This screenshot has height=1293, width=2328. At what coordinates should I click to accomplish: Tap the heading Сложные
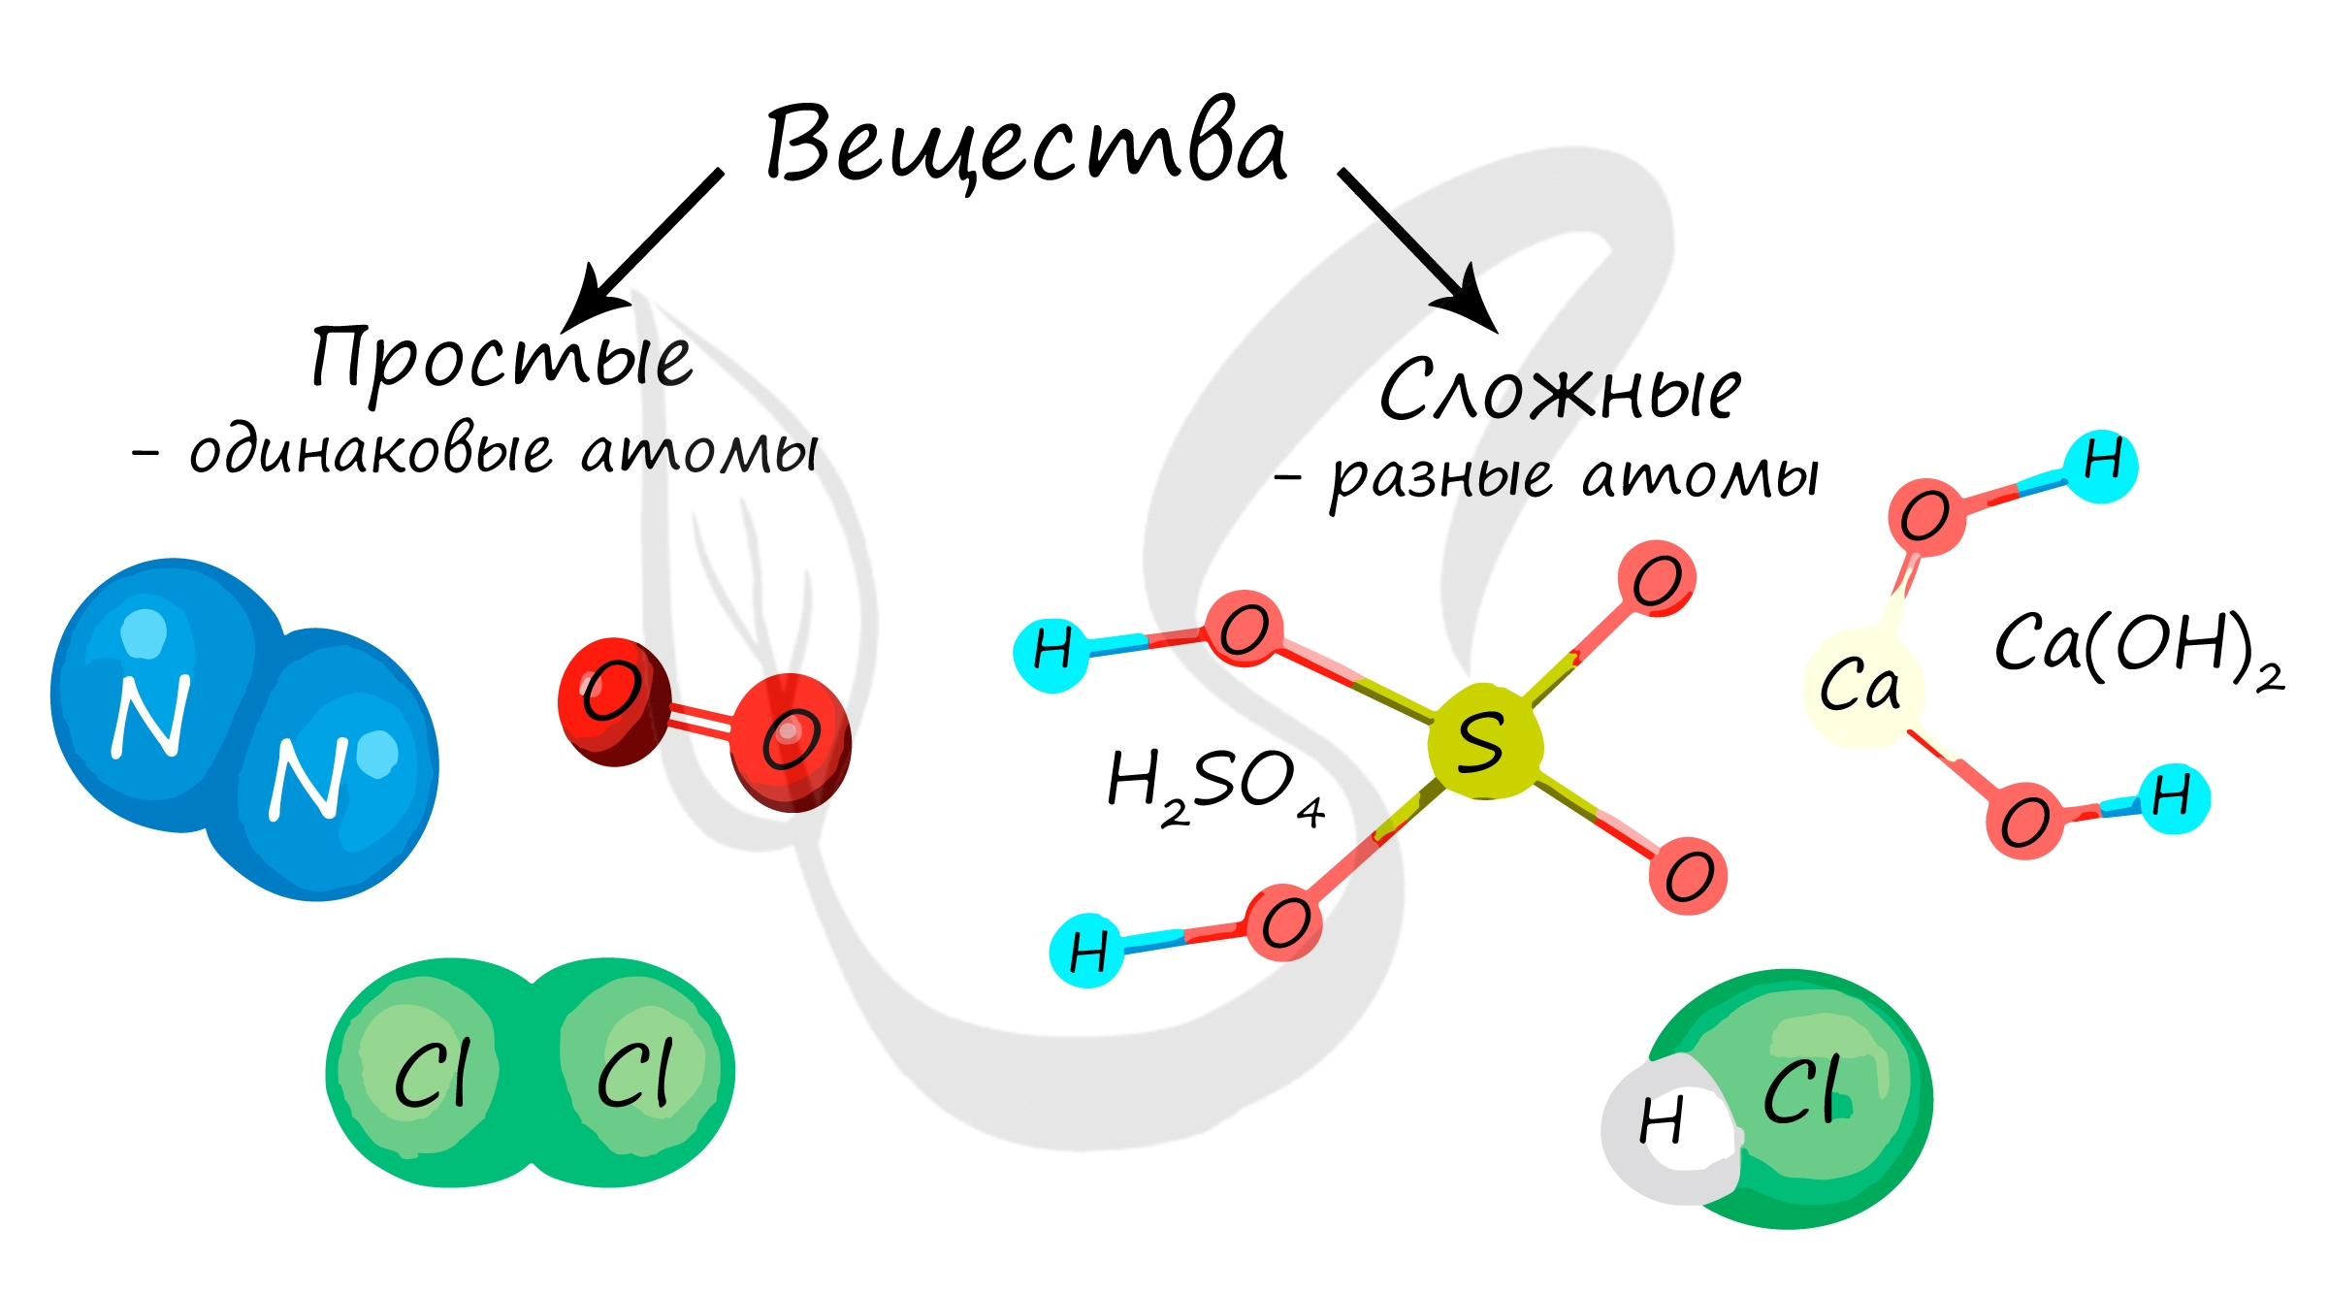tap(1559, 390)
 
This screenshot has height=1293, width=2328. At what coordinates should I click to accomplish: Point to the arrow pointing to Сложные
tap(1416, 248)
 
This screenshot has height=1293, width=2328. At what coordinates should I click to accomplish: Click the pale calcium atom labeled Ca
tap(1861, 685)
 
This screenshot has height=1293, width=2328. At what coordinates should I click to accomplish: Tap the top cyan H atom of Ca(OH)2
tap(2101, 465)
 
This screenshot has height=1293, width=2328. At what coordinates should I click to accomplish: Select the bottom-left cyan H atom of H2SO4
tap(1086, 950)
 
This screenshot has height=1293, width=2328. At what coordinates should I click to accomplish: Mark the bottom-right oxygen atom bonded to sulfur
tap(1689, 875)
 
